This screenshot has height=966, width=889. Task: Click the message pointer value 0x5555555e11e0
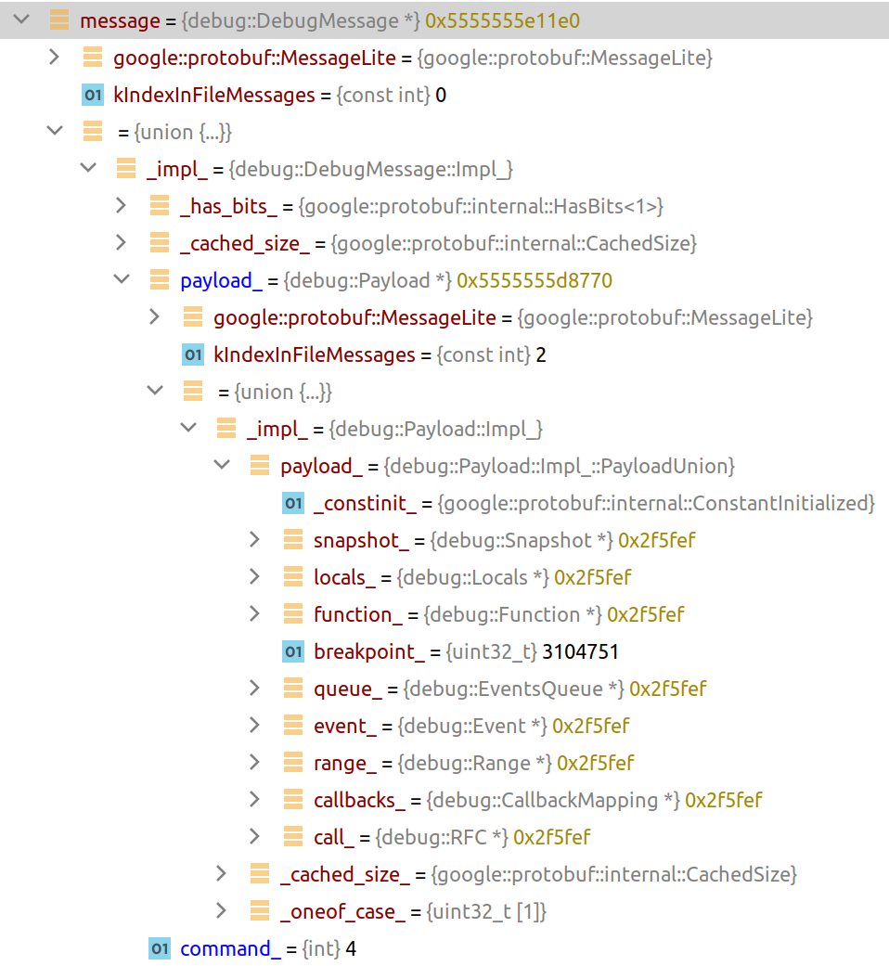[503, 20]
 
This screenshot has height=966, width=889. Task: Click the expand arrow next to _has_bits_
[122, 206]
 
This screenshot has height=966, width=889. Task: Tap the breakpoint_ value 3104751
[580, 651]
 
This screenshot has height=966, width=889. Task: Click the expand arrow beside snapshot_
[255, 540]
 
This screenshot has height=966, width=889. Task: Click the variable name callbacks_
[359, 800]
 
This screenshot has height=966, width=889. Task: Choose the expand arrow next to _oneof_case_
[222, 911]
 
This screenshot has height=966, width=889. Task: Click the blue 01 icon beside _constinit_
[293, 503]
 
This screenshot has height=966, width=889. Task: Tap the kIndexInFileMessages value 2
[541, 354]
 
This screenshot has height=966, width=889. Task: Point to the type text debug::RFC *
[442, 837]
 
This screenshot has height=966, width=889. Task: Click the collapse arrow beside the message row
[21, 20]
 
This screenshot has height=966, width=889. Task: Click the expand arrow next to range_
[255, 763]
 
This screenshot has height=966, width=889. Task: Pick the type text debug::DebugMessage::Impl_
[371, 169]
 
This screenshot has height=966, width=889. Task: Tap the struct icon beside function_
[293, 614]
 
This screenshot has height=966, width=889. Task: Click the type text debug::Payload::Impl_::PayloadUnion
[560, 466]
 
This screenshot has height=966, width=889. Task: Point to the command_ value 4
[351, 948]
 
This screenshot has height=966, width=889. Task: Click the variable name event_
[346, 726]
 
